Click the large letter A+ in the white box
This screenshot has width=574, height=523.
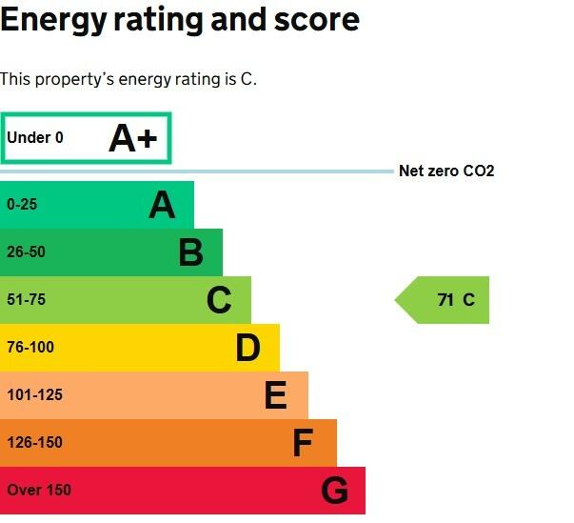[132, 139]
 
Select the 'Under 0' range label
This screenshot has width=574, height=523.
[35, 138]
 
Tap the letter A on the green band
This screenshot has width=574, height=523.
[162, 205]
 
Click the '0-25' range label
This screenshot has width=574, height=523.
[22, 204]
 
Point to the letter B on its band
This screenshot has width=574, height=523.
[190, 252]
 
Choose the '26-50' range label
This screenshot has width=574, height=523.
[26, 252]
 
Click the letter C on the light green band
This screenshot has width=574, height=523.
[219, 300]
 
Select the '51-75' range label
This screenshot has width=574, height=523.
[26, 300]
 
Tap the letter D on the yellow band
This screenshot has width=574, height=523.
[247, 348]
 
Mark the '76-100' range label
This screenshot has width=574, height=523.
[30, 348]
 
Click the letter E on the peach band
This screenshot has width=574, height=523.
[275, 395]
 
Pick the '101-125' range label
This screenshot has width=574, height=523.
[34, 395]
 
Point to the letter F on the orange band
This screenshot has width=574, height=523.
[303, 443]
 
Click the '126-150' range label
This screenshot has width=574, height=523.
[34, 443]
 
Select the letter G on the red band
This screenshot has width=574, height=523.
[334, 491]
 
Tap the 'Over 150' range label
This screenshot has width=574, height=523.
[39, 491]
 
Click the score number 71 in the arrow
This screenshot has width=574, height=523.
[445, 300]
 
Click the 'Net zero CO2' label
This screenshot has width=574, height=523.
[446, 171]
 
